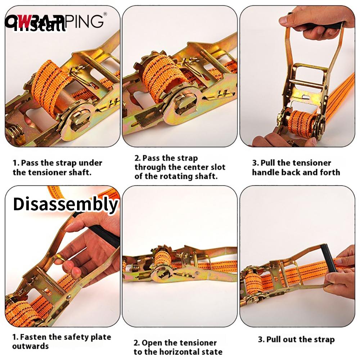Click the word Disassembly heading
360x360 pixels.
tap(65, 204)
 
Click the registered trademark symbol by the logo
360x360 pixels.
tap(105, 14)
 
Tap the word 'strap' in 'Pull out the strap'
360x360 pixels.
tap(324, 339)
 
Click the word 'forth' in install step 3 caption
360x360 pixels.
tap(329, 172)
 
